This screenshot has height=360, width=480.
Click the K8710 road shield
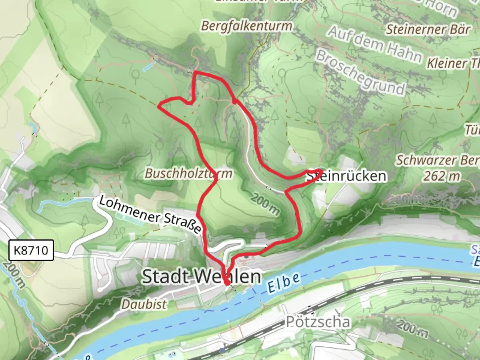[x=31, y=250]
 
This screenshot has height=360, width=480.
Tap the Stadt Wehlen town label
[x=201, y=277]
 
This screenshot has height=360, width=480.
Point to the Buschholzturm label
[x=189, y=173]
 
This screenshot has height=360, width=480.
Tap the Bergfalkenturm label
[x=247, y=26]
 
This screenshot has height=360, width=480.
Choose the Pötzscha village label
[x=318, y=322]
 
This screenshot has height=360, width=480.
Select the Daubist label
[x=144, y=304]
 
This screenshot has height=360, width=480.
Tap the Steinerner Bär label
[x=428, y=30]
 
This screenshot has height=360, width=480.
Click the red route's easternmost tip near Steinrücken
[x=321, y=171]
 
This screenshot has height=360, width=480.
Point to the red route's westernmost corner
[x=159, y=106]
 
